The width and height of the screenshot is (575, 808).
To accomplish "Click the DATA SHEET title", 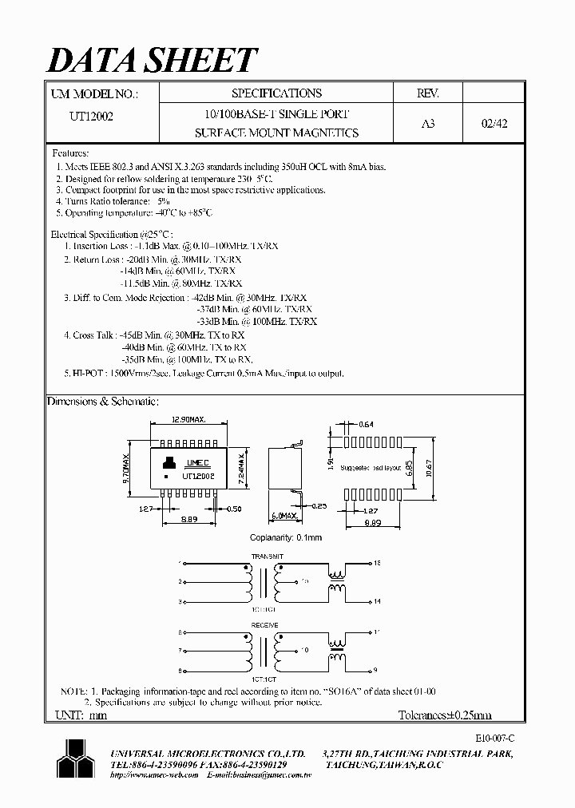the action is [153, 60].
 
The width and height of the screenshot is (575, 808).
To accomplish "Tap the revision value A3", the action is [427, 125].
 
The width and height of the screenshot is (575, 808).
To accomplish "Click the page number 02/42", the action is [494, 125].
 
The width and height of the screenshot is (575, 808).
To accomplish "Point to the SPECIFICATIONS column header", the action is [277, 93].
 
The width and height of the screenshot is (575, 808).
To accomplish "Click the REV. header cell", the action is [428, 93].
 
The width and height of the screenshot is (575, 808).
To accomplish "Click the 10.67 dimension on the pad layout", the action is [429, 465].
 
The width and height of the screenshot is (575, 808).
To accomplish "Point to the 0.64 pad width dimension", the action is [367, 424].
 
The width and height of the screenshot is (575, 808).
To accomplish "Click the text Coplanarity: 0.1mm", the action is [286, 538].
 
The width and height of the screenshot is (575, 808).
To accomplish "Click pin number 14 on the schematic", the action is [376, 601].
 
